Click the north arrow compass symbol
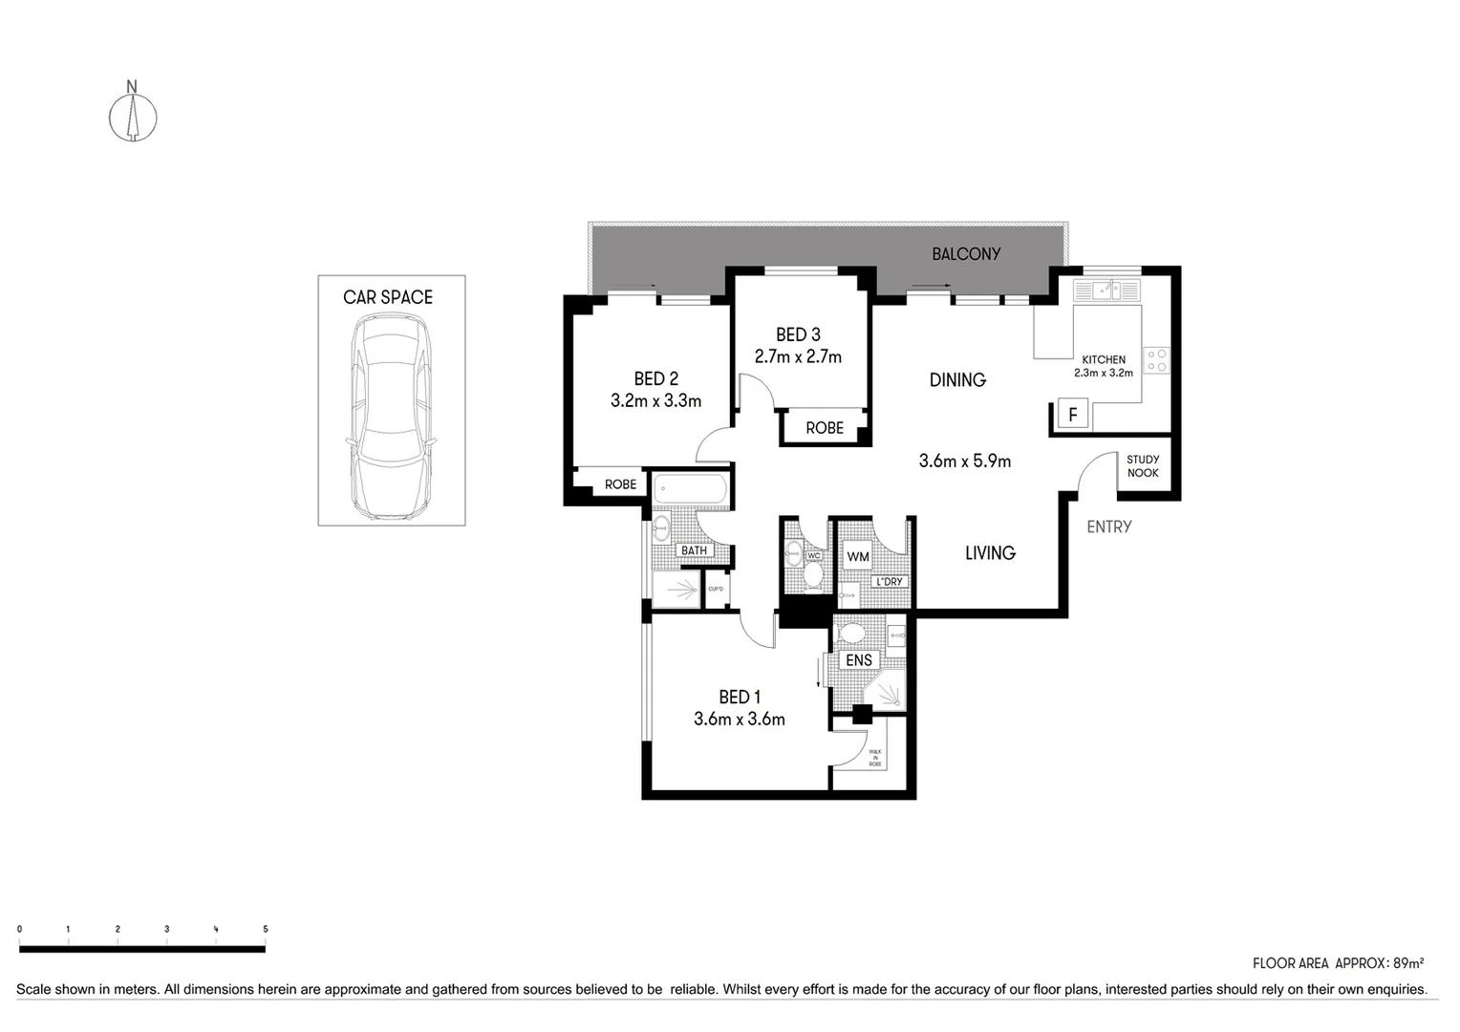pyautogui.click(x=132, y=117)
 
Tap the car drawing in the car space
pyautogui.click(x=392, y=417)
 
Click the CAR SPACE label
pyautogui.click(x=388, y=297)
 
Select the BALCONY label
pyautogui.click(x=966, y=254)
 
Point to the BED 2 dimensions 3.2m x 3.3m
pyautogui.click(x=655, y=401)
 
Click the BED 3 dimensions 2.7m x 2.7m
pyautogui.click(x=798, y=357)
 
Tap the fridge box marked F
pyautogui.click(x=1073, y=415)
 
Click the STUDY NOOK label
pyautogui.click(x=1143, y=466)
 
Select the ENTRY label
pyautogui.click(x=1108, y=527)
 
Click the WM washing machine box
pyautogui.click(x=858, y=556)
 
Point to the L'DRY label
pyautogui.click(x=889, y=582)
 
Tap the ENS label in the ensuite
pyautogui.click(x=858, y=660)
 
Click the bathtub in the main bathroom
pyautogui.click(x=690, y=490)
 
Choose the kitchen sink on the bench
pyautogui.click(x=1107, y=290)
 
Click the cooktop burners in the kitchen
pyautogui.click(x=1156, y=360)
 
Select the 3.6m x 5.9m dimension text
pyautogui.click(x=964, y=462)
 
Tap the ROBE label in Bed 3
pyautogui.click(x=824, y=428)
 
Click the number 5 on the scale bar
pyautogui.click(x=266, y=929)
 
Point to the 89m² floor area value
pyautogui.click(x=1408, y=963)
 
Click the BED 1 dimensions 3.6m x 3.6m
pyautogui.click(x=739, y=720)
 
